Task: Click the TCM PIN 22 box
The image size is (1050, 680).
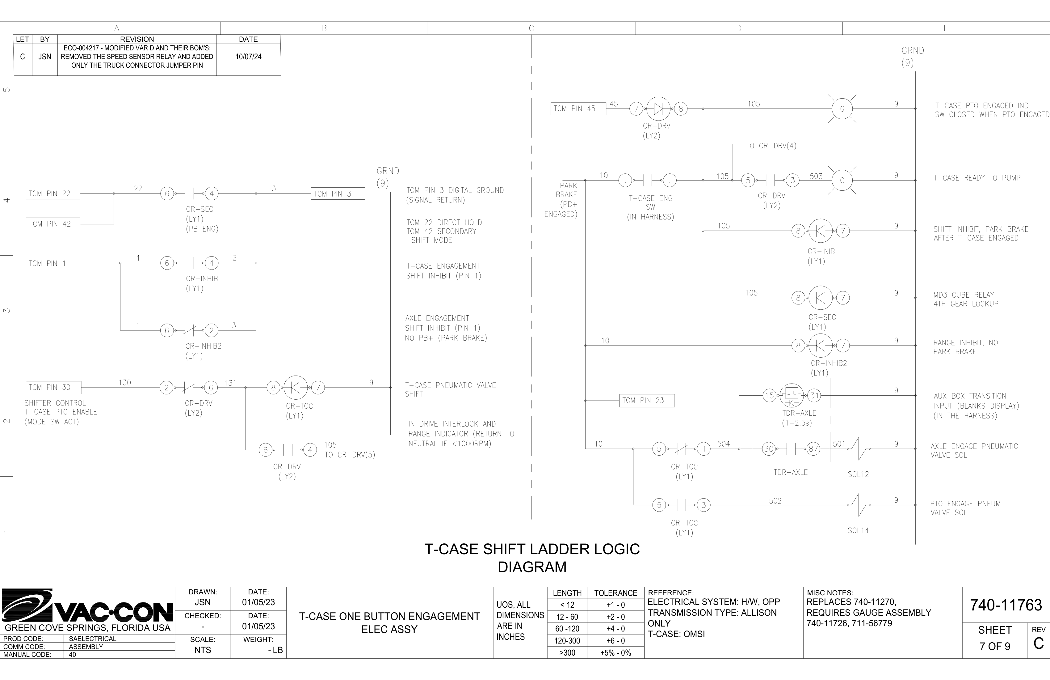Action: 53,193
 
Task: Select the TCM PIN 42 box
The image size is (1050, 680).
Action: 53,224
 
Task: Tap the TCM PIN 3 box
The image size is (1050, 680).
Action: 338,194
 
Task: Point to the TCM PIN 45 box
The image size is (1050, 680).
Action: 578,108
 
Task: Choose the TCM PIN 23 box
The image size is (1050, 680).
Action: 647,401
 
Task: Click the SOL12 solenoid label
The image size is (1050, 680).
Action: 858,474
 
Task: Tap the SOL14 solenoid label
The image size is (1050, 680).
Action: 858,530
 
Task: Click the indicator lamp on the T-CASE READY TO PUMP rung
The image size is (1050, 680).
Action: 842,180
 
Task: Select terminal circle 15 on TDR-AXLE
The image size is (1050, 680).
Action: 769,396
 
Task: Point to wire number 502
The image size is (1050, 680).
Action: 775,501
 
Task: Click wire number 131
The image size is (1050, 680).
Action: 230,383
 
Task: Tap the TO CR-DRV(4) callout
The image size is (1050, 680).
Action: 771,146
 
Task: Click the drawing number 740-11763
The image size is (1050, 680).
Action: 1006,605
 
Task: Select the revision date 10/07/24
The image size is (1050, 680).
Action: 248,57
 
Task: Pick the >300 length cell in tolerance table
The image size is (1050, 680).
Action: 567,652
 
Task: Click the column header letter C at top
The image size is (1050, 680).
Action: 531,28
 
